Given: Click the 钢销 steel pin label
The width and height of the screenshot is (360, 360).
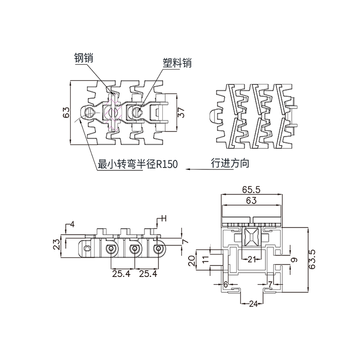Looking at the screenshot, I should (x=83, y=58).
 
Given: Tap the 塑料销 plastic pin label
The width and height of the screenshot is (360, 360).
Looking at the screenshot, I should (x=177, y=63).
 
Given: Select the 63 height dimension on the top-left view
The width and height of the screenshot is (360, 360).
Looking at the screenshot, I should (x=67, y=112).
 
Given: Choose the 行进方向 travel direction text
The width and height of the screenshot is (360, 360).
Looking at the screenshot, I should (x=230, y=163).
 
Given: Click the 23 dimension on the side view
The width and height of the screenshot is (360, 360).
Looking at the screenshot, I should (x=57, y=245).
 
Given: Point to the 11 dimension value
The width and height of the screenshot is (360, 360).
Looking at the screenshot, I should (x=205, y=260).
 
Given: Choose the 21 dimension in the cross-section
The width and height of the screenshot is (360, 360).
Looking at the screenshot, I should (x=252, y=260).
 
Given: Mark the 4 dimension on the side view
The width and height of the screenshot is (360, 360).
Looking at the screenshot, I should (x=72, y=224).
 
